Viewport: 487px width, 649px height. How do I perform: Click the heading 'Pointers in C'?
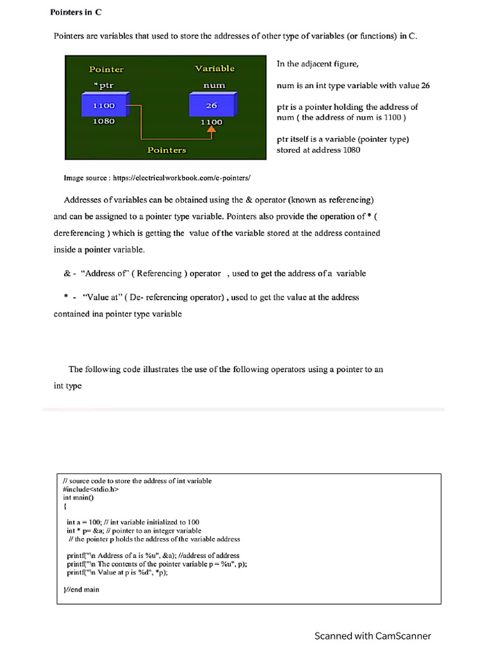tap(75, 12)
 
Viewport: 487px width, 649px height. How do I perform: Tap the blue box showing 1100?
tap(104, 106)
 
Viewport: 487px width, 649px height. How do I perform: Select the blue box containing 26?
tap(211, 106)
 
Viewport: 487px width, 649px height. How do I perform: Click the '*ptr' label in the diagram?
tap(103, 85)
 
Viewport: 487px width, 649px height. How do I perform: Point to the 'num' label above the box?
tap(214, 85)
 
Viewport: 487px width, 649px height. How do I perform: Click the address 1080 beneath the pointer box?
tap(104, 121)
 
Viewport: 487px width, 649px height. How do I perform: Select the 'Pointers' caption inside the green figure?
tap(166, 150)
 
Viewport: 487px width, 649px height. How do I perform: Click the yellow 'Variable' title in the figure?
tap(214, 68)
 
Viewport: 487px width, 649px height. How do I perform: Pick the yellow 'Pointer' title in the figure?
tap(106, 69)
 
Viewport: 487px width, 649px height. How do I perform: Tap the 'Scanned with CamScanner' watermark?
tap(372, 636)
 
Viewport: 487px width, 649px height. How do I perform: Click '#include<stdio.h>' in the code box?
tap(91, 489)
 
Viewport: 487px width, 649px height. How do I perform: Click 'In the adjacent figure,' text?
tap(318, 64)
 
